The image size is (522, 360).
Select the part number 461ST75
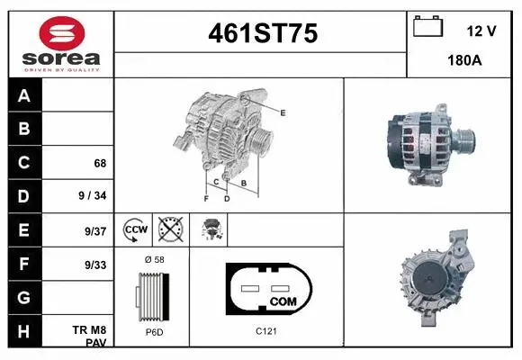(x=262, y=33)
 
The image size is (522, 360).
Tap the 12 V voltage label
(x=481, y=31)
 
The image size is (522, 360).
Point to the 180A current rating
(x=464, y=62)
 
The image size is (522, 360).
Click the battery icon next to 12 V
(x=427, y=27)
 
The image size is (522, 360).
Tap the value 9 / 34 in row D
(x=94, y=196)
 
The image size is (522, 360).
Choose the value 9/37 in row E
(x=94, y=230)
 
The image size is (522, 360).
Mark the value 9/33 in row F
(x=94, y=265)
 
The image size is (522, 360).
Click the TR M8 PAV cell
(x=90, y=337)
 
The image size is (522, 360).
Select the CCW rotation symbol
(x=134, y=229)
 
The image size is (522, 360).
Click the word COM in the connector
(x=283, y=300)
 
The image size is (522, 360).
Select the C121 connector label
(x=265, y=332)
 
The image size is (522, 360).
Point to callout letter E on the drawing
(x=283, y=112)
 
